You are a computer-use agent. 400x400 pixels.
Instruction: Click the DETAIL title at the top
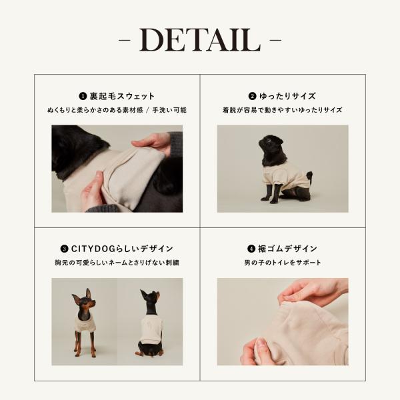pos(200,40)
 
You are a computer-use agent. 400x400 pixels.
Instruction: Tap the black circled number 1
pos(83,96)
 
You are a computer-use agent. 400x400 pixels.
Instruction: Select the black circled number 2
pos(252,96)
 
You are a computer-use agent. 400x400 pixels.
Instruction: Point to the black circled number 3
pos(64,249)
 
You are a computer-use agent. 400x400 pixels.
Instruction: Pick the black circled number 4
pos(251,249)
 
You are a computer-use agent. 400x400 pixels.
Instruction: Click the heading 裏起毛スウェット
pos(122,96)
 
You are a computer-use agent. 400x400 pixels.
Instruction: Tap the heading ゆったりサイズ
pos(287,96)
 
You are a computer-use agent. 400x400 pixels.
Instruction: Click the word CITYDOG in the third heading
pos(93,249)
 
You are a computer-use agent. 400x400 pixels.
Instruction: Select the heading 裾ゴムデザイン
pos(287,249)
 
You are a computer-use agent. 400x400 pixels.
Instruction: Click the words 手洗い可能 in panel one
pos(169,110)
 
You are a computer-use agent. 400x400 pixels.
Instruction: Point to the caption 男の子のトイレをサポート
pos(283,263)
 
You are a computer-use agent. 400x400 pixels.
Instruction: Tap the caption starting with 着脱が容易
pos(283,110)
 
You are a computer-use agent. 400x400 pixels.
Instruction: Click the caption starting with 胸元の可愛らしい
pos(117,263)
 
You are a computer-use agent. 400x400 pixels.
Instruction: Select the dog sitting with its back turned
pos(151,323)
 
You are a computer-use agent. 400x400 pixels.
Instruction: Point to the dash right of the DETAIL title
pos(275,40)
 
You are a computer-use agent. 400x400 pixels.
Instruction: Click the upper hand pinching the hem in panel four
pos(314,291)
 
